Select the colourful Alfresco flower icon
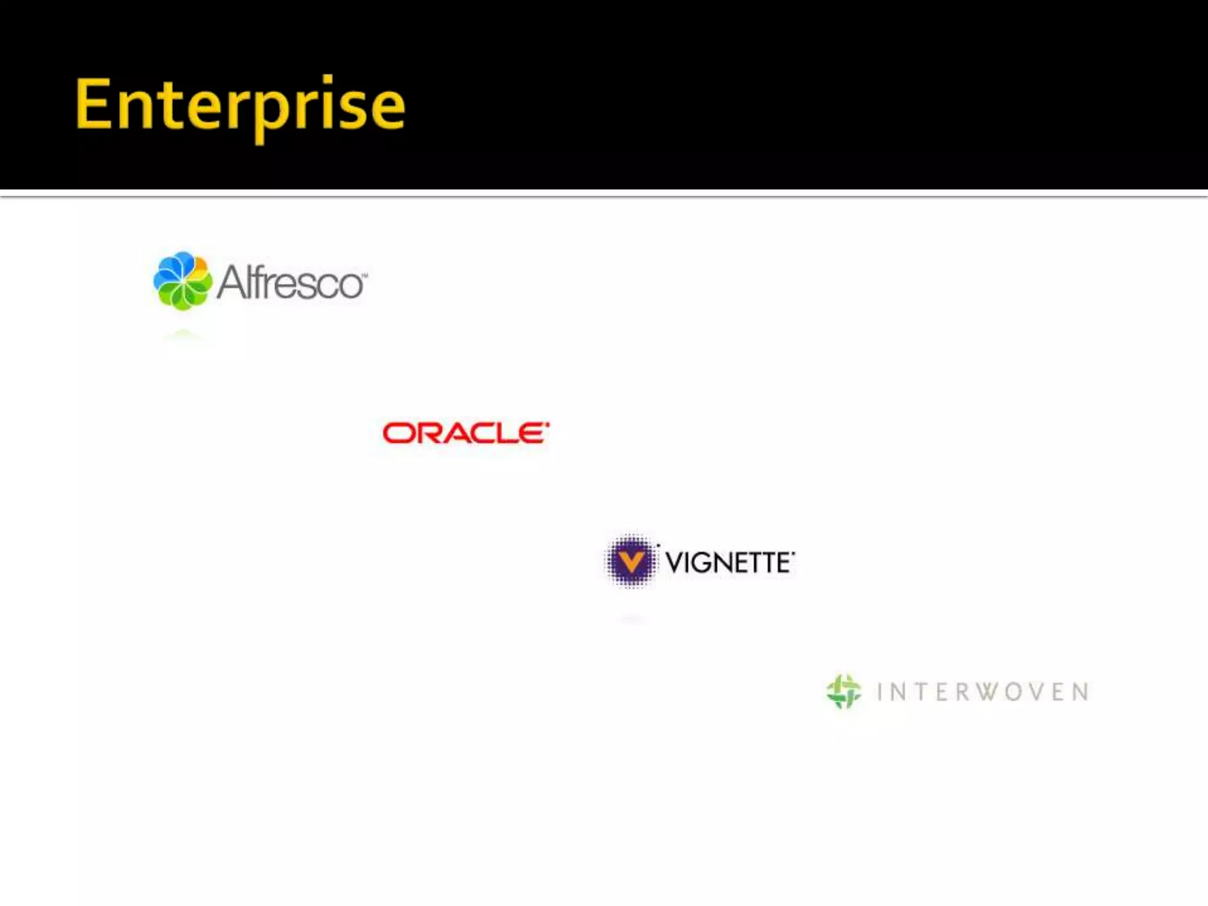(x=182, y=281)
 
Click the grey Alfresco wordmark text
(x=291, y=283)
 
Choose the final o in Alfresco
(x=350, y=285)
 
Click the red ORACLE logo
(x=465, y=433)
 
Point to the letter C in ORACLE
(x=477, y=434)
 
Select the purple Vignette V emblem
(x=631, y=560)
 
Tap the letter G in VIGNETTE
(x=700, y=563)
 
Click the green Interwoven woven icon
(x=843, y=691)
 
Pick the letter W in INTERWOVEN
(x=984, y=692)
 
